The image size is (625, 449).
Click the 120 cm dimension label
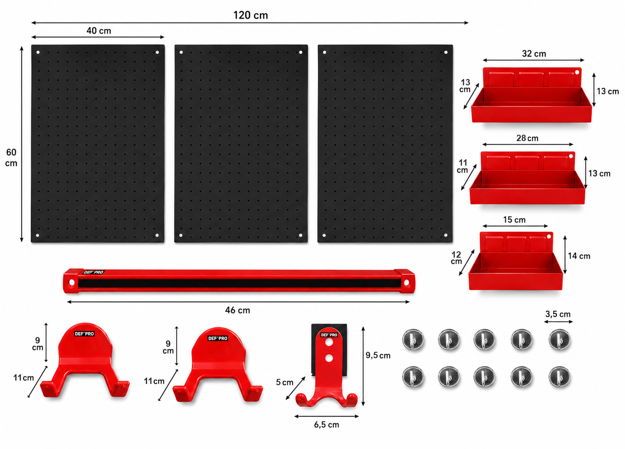tap(251, 15)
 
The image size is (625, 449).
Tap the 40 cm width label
tap(99, 31)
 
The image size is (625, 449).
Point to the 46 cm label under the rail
tap(237, 310)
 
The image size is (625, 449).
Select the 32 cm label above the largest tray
tap(534, 54)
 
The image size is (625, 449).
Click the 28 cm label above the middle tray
tap(527, 138)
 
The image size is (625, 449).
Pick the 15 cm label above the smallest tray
tap(514, 220)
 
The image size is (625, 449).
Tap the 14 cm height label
tap(579, 256)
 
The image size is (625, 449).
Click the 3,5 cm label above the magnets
tap(558, 314)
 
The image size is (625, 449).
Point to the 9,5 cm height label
tap(378, 355)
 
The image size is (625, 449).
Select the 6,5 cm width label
tap(327, 425)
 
